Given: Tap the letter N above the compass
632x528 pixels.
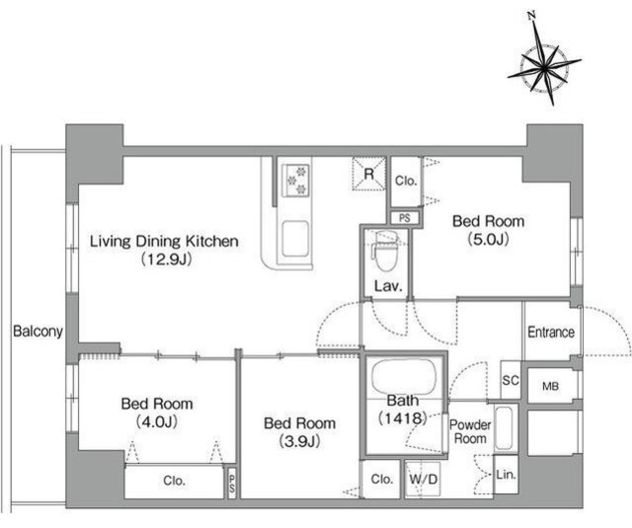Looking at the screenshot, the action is pos(531,16).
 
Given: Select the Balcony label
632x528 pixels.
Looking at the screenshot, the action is pos(38,331).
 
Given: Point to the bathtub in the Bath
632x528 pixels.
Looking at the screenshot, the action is pos(404,378).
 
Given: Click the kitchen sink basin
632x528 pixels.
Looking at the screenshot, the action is pos(296,239).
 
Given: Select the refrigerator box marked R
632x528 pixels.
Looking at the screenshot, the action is pos(368,173).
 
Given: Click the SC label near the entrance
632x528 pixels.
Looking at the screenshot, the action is pos(511,380).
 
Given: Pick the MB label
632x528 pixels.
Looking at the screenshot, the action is pos(551,386).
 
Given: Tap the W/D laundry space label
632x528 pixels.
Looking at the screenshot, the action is pos(424,480).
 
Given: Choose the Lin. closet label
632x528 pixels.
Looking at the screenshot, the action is pos(506,475).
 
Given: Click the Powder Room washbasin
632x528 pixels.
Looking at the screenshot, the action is pos(504,427).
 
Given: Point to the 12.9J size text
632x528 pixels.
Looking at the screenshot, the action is pos(167,260).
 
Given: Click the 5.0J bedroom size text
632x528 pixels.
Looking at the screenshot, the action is pos(488,239).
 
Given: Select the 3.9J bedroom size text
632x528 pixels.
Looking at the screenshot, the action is pos(299,442).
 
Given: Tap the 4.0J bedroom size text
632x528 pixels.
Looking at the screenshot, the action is pos(157,422).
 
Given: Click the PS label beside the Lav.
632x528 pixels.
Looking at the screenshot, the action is pos(405,218).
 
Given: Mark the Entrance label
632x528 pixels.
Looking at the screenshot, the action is pos(551,333).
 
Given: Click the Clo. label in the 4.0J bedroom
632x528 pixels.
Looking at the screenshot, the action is pos(174,480).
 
